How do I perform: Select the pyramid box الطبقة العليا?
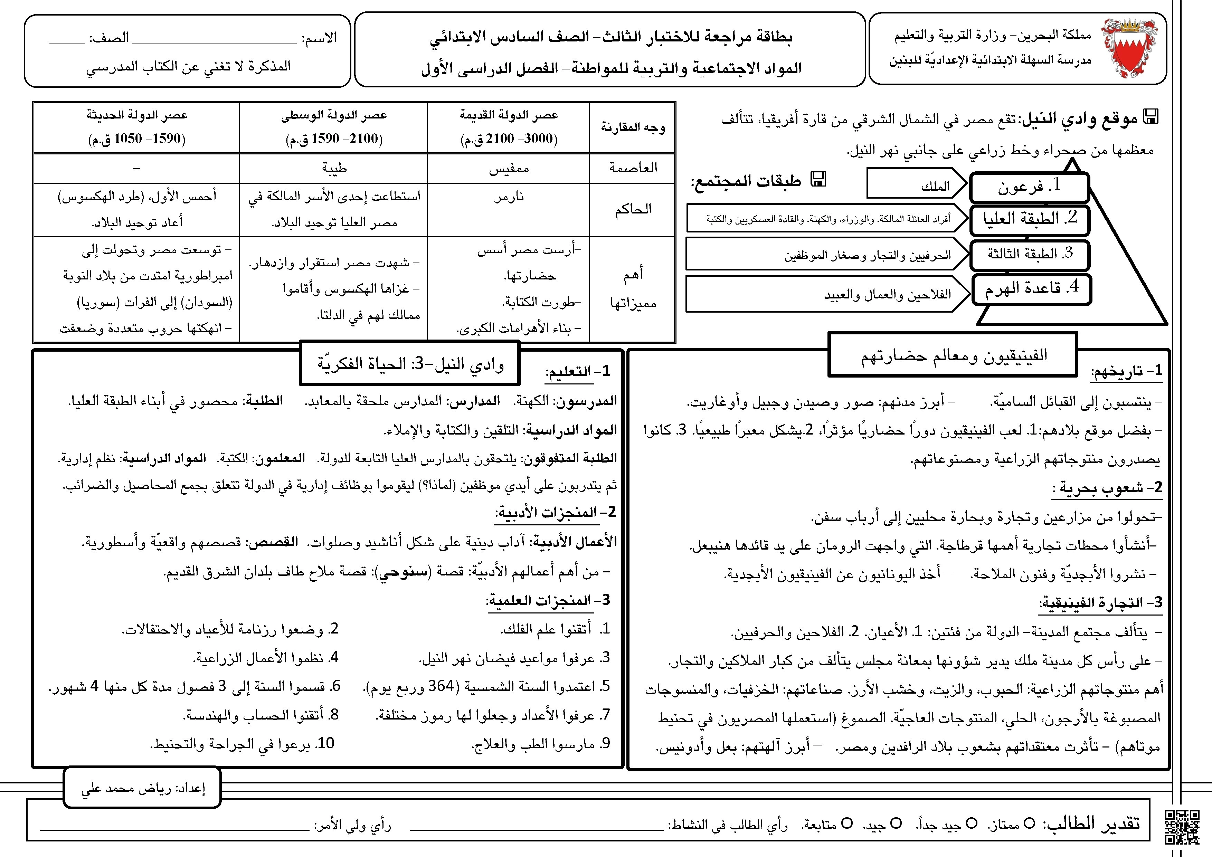pyautogui.click(x=1029, y=219)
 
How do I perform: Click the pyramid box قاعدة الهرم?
pyautogui.click(x=1031, y=289)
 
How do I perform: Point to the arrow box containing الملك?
pyautogui.click(x=916, y=185)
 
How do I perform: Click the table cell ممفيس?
pyautogui.click(x=508, y=168)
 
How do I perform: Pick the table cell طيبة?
pyautogui.click(x=334, y=168)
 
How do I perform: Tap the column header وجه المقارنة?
pyautogui.click(x=632, y=127)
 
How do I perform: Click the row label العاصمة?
pyautogui.click(x=632, y=168)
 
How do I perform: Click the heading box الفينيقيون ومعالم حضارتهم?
pyautogui.click(x=953, y=355)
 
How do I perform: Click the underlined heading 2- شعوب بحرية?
pyautogui.click(x=1107, y=488)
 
